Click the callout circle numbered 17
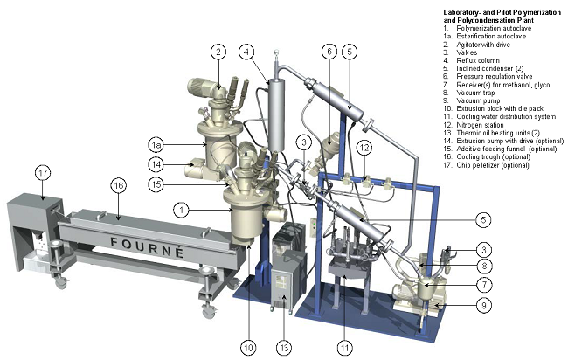tap(43, 173)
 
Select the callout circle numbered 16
tap(119, 186)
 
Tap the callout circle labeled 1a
tap(156, 145)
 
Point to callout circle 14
tap(156, 164)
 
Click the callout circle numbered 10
tap(248, 348)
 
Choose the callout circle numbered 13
tap(284, 348)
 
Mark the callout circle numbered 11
tap(345, 348)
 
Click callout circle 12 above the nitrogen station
tap(364, 148)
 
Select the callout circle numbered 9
tap(484, 305)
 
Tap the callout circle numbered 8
tap(484, 266)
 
